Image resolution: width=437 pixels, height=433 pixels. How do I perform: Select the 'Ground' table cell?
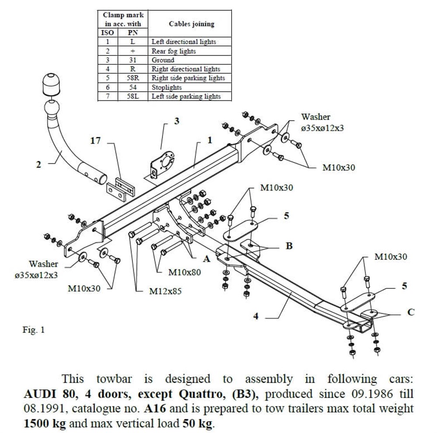pos(163,60)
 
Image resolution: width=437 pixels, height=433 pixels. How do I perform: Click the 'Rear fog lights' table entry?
pos(173,51)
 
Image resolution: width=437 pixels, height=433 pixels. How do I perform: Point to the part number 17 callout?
pos(96,140)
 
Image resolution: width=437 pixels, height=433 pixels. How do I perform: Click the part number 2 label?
pos(38,165)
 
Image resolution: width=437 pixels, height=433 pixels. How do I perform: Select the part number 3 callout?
pos(177,121)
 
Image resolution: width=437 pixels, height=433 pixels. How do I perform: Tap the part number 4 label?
pos(256,316)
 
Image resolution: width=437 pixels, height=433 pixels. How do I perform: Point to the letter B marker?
pos(289,246)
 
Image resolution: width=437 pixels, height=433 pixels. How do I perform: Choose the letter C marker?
pos(411,312)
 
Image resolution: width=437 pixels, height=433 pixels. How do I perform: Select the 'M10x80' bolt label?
pos(184,272)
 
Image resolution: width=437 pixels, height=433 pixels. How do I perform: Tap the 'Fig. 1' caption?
pos(34,330)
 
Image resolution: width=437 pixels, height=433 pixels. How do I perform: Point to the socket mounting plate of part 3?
pos(164,163)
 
